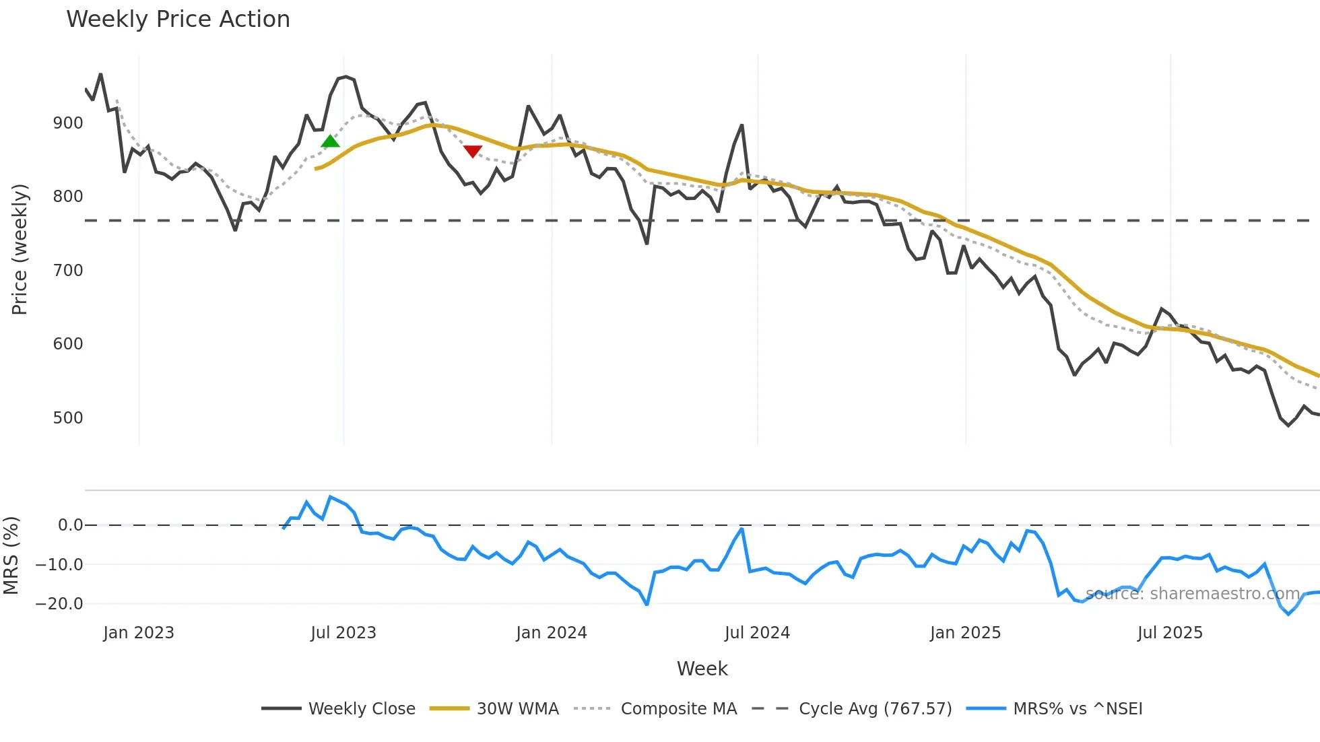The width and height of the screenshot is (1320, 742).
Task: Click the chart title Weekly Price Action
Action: [178, 20]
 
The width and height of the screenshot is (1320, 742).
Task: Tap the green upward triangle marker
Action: [330, 141]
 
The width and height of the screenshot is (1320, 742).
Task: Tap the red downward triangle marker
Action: [473, 151]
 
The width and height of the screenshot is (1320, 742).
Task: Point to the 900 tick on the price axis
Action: [68, 123]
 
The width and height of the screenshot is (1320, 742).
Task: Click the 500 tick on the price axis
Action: [68, 418]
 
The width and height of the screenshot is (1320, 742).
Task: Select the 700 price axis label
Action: [68, 271]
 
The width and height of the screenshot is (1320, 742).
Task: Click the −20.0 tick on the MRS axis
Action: [59, 604]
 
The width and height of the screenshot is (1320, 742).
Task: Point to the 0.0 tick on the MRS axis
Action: [70, 525]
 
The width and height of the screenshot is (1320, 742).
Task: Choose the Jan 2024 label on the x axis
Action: [551, 633]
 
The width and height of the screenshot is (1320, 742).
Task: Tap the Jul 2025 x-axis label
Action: [1169, 633]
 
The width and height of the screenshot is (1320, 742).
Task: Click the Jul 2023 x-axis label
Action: [343, 633]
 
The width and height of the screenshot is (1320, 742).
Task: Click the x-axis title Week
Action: [702, 669]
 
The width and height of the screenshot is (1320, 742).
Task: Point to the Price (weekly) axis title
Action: [20, 249]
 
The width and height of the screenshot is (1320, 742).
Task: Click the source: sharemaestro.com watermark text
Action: [1192, 594]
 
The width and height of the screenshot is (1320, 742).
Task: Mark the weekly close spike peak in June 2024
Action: [741, 125]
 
